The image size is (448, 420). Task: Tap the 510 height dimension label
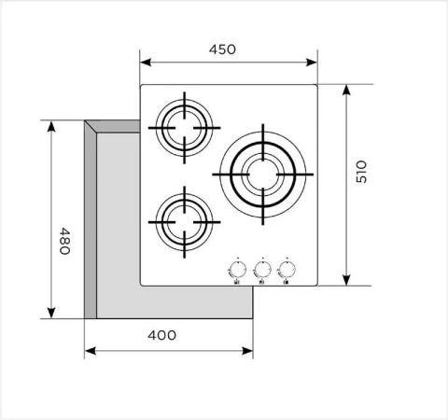pyautogui.click(x=362, y=172)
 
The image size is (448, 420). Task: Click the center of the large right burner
pyautogui.click(x=262, y=173)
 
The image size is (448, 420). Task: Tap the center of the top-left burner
pyautogui.click(x=183, y=128)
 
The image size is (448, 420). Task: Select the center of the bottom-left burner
pyautogui.click(x=183, y=221)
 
